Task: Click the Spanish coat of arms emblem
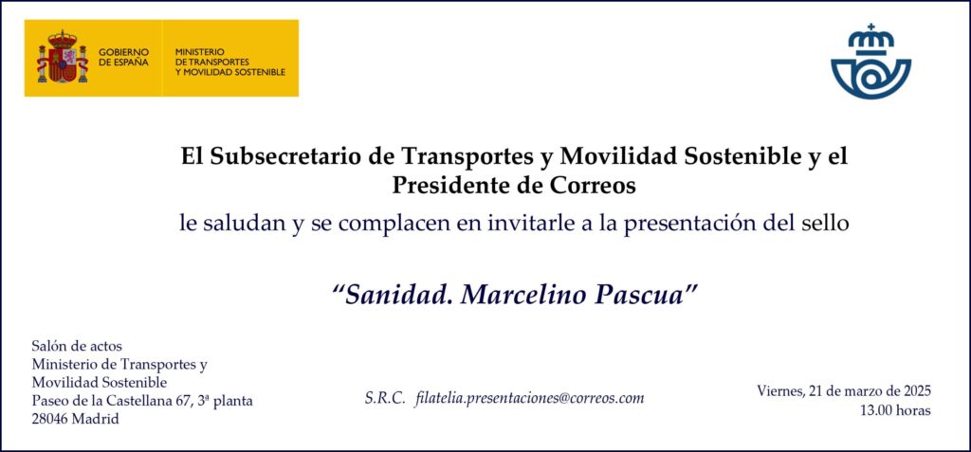point(63,57)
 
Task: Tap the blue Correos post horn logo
point(870,62)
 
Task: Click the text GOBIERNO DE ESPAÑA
point(124,57)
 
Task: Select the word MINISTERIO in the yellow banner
point(200,52)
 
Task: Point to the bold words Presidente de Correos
point(513,185)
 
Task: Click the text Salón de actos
point(77,346)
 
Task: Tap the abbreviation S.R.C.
point(385,398)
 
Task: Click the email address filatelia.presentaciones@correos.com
point(531,399)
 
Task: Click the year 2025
point(917,391)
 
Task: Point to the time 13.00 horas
point(895,410)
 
